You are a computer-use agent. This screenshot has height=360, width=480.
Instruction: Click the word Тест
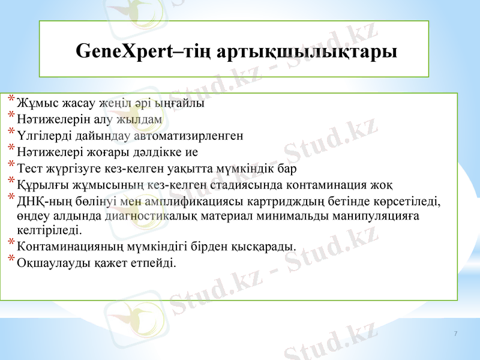click(29, 167)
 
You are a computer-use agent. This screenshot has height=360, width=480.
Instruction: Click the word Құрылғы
click(38, 184)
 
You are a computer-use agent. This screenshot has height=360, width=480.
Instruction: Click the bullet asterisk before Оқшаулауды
click(11, 259)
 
